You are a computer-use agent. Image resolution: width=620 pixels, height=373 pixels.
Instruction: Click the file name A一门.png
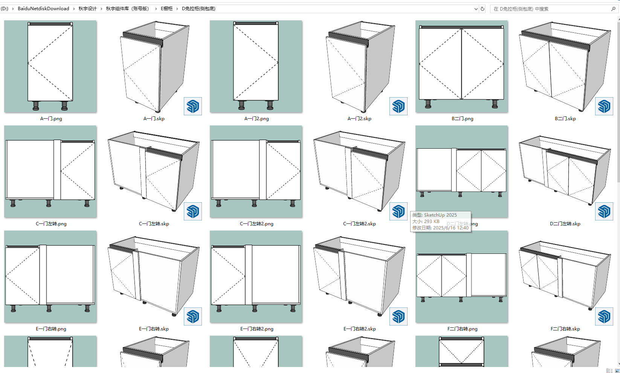point(51,119)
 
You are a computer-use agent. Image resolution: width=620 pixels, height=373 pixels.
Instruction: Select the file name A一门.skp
point(154,119)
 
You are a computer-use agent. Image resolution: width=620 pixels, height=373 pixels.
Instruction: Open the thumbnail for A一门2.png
point(256,66)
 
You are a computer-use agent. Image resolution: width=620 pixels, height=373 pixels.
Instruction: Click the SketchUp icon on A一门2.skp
point(399,106)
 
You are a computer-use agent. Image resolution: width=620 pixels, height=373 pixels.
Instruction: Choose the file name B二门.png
point(463,119)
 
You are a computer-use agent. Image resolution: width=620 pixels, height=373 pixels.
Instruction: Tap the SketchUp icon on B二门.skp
point(604,106)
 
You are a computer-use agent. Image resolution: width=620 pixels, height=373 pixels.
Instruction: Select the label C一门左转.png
point(51,224)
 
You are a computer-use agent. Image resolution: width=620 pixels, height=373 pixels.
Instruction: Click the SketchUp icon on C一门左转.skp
point(193,211)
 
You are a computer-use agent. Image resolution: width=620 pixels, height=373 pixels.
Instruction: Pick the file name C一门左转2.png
point(257,224)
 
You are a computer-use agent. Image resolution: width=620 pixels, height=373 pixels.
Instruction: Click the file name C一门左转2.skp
point(359,224)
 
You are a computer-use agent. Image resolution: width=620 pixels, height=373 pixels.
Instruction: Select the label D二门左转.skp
point(565,224)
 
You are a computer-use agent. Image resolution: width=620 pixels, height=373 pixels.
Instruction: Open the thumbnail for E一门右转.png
point(50,277)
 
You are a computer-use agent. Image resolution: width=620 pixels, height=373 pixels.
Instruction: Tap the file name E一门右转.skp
point(154,329)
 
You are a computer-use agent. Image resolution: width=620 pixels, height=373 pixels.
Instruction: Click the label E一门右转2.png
point(257,329)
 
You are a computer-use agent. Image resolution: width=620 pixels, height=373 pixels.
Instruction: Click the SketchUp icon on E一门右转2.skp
point(399,316)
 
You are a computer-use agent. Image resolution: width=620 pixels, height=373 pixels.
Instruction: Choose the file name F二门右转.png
point(463,329)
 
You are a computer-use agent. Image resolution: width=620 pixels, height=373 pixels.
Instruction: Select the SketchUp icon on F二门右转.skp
point(604,316)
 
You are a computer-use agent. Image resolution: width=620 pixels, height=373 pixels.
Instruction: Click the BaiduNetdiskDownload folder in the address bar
point(43,9)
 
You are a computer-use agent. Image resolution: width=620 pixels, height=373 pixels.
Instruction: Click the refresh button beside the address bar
point(483,9)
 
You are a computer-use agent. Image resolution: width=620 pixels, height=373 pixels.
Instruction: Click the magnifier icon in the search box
point(613,9)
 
